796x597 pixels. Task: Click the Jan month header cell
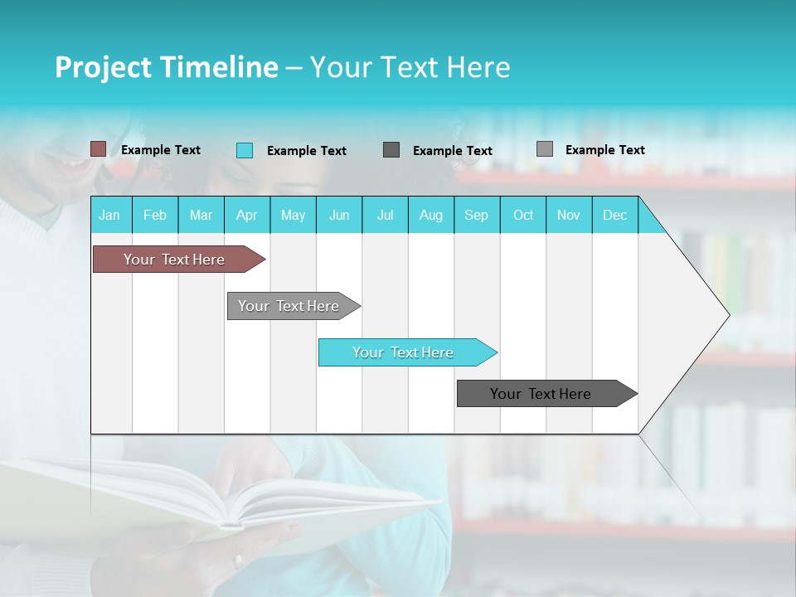110,215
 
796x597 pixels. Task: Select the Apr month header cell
247,215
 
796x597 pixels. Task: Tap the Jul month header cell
385,215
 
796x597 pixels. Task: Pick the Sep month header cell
477,215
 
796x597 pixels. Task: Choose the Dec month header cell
614,215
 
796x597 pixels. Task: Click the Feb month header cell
155,215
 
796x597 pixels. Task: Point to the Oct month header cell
523,215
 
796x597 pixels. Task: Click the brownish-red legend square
99,149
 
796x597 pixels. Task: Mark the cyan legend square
245,150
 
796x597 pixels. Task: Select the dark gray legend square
391,149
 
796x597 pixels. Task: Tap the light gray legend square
545,149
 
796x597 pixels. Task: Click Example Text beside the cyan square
306,151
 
